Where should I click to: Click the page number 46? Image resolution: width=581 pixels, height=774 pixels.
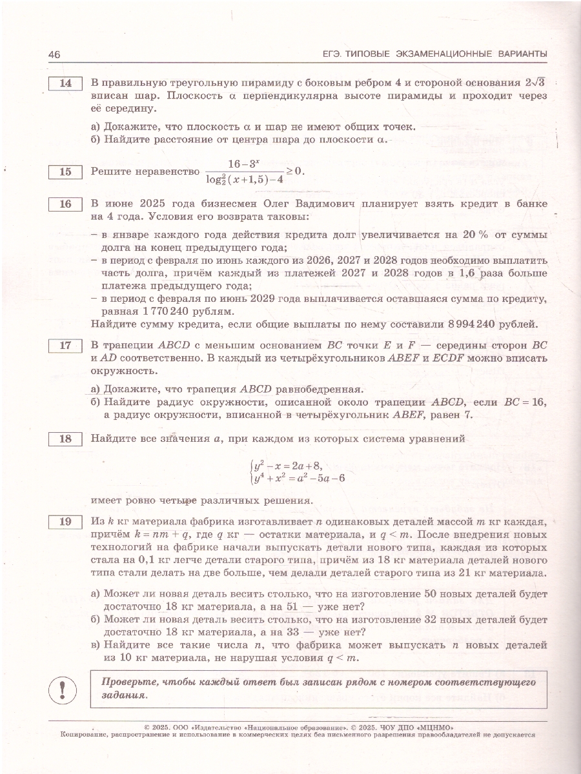[54, 54]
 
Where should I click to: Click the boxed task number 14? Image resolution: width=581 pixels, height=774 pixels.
[65, 83]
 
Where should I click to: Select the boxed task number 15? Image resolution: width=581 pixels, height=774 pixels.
[65, 172]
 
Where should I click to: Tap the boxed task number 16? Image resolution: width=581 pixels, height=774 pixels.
[65, 204]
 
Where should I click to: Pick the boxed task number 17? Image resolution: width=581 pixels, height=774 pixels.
[65, 345]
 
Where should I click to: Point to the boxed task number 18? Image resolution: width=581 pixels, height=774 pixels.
[65, 439]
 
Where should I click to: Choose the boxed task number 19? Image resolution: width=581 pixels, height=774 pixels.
[65, 522]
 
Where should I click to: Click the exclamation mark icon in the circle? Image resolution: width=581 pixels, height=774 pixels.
[63, 689]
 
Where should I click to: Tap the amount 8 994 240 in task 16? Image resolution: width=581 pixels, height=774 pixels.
[460, 324]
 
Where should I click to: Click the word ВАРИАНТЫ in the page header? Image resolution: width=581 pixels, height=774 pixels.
[515, 54]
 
